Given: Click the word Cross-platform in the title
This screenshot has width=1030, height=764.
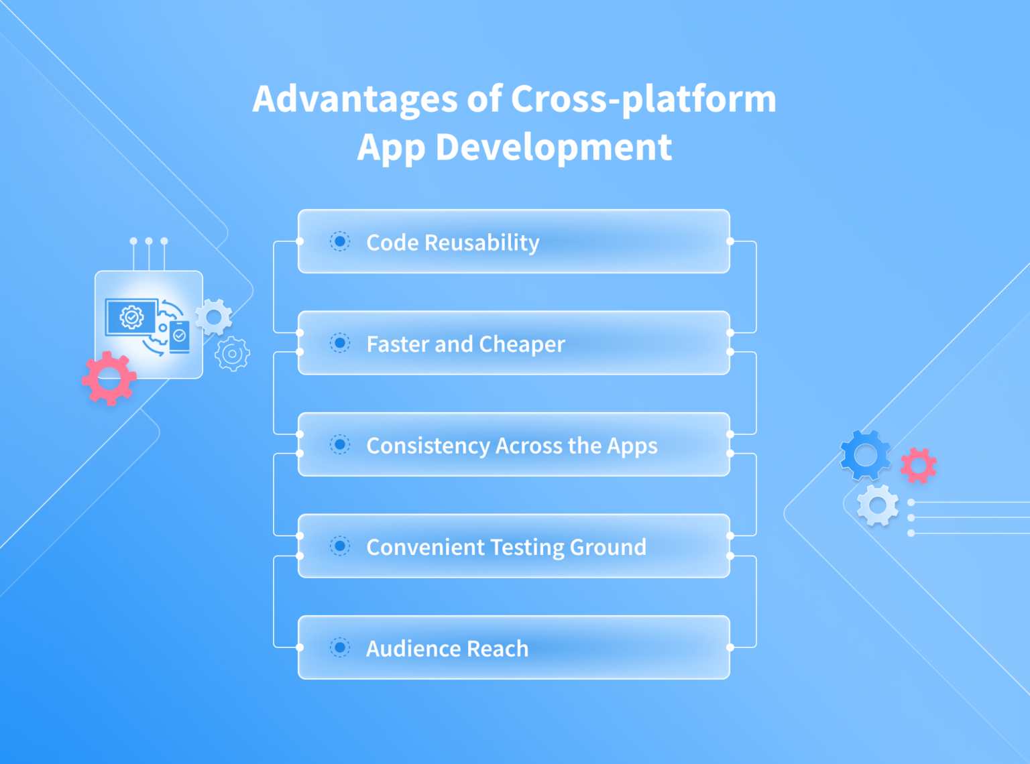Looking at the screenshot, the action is pyautogui.click(x=643, y=99).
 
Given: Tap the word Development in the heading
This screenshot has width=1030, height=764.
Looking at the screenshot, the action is pyautogui.click(x=553, y=147).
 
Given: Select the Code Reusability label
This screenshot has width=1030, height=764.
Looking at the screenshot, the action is pyautogui.click(x=453, y=243).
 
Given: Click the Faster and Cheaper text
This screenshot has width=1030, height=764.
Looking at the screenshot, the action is pyautogui.click(x=466, y=344).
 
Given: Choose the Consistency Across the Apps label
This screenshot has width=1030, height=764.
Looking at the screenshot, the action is pyautogui.click(x=512, y=446).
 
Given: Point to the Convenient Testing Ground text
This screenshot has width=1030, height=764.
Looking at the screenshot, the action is pyautogui.click(x=506, y=548).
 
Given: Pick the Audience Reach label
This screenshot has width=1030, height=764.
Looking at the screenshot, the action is pyautogui.click(x=447, y=649).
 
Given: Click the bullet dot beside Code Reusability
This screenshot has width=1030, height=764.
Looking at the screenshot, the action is pyautogui.click(x=340, y=241).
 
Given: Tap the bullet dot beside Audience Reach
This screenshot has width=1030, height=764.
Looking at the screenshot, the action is pyautogui.click(x=340, y=647).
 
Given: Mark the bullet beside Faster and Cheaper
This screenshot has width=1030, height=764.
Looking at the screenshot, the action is pyautogui.click(x=340, y=343).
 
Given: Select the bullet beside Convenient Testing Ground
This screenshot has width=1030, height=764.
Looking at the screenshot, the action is pyautogui.click(x=340, y=546).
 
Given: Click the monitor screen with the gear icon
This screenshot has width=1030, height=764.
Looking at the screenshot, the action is pyautogui.click(x=131, y=316).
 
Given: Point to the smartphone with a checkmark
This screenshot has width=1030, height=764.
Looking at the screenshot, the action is pyautogui.click(x=179, y=336).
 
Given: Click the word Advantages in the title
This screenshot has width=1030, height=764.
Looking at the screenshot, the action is pyautogui.click(x=355, y=100).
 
